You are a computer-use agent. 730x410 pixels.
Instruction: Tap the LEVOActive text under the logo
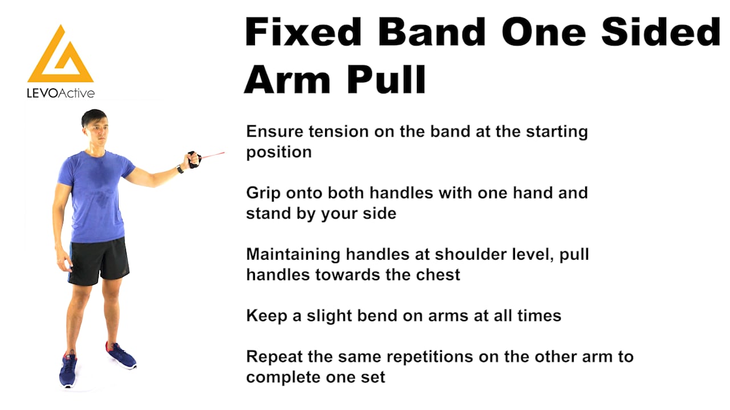[60, 93]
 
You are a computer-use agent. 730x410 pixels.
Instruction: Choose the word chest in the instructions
[435, 274]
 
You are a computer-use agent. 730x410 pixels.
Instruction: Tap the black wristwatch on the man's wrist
[180, 169]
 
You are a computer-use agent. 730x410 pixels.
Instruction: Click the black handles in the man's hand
[194, 159]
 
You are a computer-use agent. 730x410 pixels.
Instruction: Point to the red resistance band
[213, 154]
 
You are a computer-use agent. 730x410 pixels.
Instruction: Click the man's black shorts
[99, 261]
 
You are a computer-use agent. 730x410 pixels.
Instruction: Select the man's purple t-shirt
[95, 194]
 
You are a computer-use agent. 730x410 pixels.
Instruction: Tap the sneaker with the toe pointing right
[120, 355]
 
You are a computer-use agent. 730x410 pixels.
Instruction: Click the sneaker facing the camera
[68, 370]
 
